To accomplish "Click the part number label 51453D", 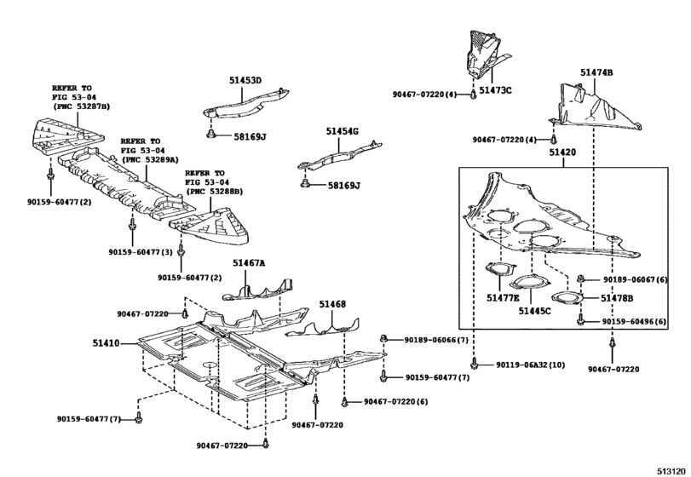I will pos(245,81).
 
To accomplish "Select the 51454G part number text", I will pos(342,131).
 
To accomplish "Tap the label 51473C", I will pos(495,89).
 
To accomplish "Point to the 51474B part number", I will pos(596,73).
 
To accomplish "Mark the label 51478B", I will pos(618,298).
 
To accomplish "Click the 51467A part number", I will pos(249,265).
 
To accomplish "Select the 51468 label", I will pos(332,304).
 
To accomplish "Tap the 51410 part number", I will pos(107,343).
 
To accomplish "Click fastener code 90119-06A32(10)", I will pos(530,365).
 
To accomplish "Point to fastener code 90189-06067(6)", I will pos(636,280).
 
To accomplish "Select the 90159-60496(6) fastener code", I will pos(636,321).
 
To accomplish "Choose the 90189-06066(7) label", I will pos(438,340).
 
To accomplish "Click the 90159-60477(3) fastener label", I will pos(141,252).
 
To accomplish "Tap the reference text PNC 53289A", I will pos(150,159).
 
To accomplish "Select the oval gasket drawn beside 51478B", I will pos(564,298).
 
